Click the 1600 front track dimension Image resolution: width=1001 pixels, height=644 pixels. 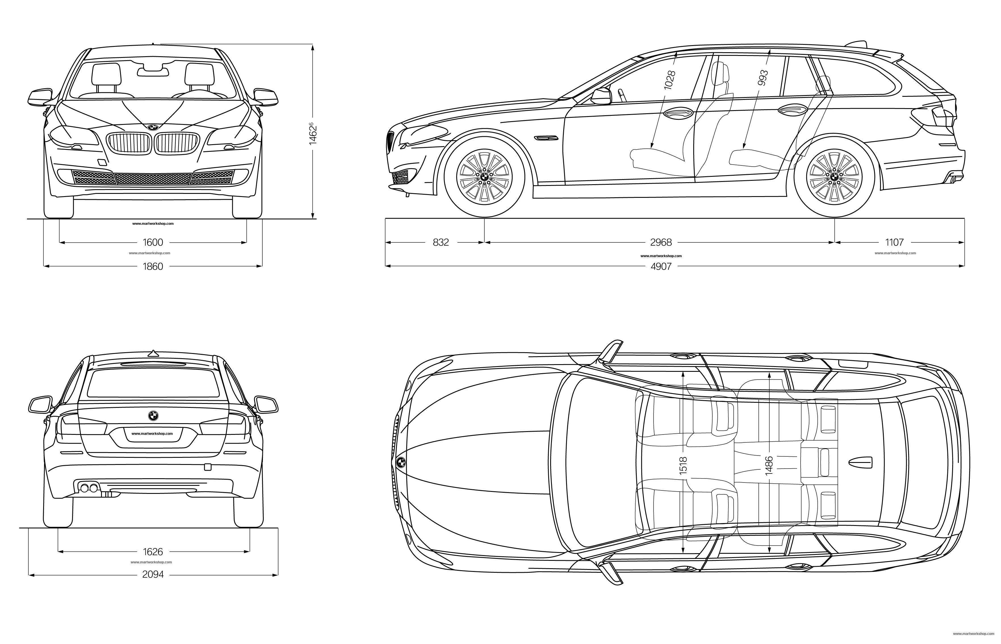tap(153, 242)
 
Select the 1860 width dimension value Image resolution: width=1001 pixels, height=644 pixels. tap(153, 267)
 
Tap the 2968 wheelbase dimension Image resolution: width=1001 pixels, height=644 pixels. tap(661, 242)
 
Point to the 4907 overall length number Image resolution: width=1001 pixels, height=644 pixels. tap(661, 267)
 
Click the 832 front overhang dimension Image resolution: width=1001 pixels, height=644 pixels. tap(441, 242)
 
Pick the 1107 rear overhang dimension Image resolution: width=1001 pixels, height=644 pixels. tap(894, 242)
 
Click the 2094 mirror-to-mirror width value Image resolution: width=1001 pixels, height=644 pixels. tap(153, 574)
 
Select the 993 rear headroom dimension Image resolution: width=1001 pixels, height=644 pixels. tap(763, 78)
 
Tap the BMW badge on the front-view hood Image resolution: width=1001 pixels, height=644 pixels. tap(153, 126)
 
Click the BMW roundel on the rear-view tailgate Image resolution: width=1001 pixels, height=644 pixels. tap(153, 415)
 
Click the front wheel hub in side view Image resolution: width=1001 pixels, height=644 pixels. tap(484, 177)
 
